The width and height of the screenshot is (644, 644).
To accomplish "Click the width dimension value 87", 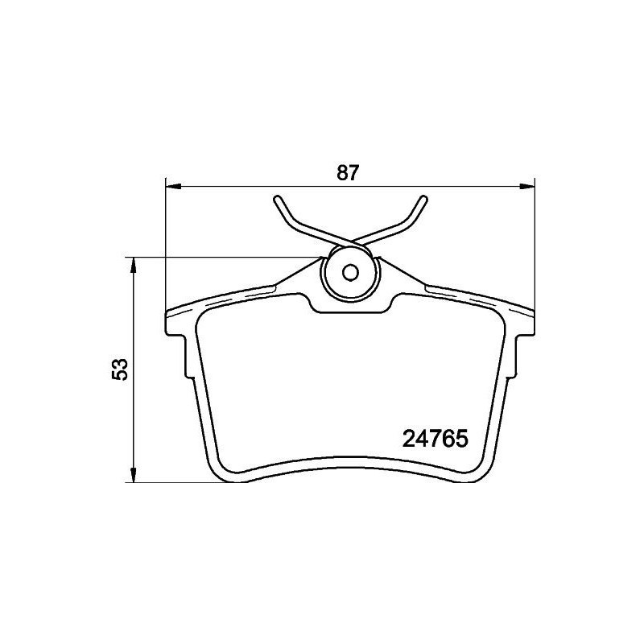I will tap(346, 172).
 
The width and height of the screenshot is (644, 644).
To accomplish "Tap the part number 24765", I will tap(435, 440).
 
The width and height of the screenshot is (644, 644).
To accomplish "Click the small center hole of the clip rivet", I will tap(350, 272).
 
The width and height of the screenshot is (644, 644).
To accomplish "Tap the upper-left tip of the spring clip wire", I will tap(277, 198).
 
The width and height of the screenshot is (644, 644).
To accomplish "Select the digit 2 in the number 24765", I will tap(408, 440).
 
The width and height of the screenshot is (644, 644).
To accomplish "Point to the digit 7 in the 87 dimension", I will tap(353, 172).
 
